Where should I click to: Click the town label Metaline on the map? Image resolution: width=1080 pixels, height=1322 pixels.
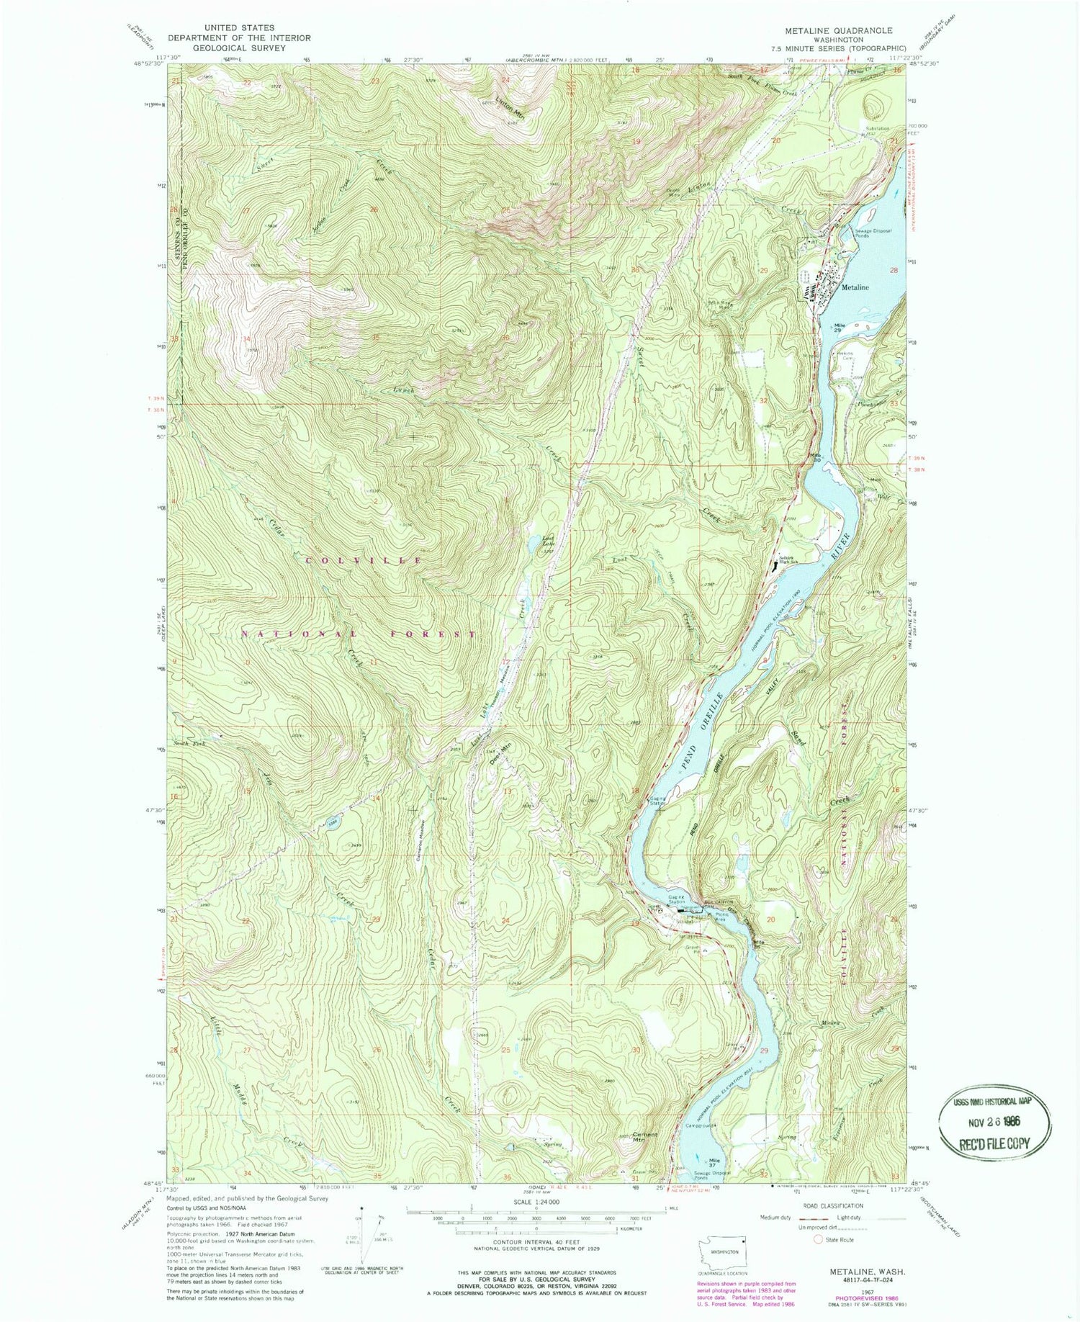(x=855, y=287)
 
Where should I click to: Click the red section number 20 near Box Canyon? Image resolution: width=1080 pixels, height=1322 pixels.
(x=771, y=920)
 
